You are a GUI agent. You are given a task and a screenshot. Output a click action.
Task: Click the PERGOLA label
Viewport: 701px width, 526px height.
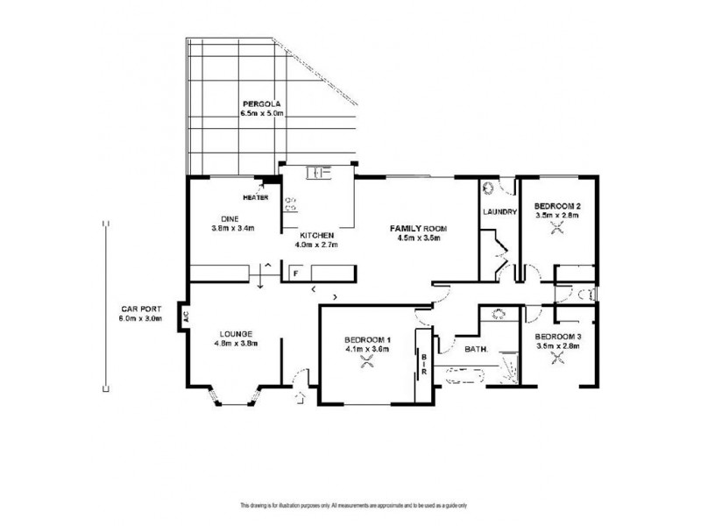click(261, 104)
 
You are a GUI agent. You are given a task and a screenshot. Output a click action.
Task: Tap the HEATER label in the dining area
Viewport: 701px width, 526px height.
click(256, 197)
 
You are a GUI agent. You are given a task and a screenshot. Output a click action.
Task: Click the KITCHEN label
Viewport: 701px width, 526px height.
click(315, 236)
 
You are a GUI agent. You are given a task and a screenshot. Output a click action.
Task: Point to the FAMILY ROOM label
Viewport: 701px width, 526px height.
click(419, 228)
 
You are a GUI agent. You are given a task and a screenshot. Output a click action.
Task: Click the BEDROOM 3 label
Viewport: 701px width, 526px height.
click(558, 337)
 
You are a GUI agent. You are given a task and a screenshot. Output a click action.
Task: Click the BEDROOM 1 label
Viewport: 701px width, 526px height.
click(367, 340)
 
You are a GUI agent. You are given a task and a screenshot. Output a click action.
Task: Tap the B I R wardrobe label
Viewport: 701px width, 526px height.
click(423, 364)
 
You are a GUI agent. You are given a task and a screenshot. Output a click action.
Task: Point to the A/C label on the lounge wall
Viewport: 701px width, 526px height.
click(186, 316)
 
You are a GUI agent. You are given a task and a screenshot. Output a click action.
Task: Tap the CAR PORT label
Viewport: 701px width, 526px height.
click(139, 309)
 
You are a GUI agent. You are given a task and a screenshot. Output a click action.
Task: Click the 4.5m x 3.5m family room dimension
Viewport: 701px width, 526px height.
click(419, 238)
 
